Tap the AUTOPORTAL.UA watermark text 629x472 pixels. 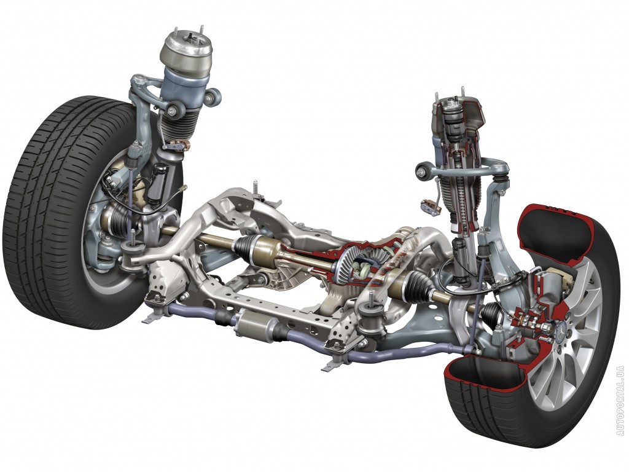[x=621, y=401]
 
